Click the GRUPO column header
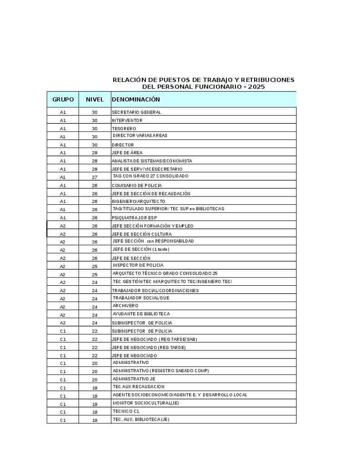pyautogui.click(x=63, y=99)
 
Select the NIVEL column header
pyautogui.click(x=95, y=99)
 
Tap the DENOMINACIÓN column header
pyautogui.click(x=136, y=99)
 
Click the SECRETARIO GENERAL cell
pyautogui.click(x=136, y=112)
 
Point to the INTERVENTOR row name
pyautogui.click(x=127, y=120)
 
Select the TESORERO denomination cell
pyautogui.click(x=124, y=128)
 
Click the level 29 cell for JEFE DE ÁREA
pyautogui.click(x=95, y=153)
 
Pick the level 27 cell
pyautogui.click(x=95, y=177)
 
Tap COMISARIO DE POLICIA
pyautogui.click(x=137, y=185)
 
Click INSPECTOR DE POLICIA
pyautogui.click(x=138, y=265)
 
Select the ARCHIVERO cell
pyautogui.click(x=125, y=306)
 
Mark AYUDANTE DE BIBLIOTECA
pyautogui.click(x=141, y=314)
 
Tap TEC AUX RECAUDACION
pyautogui.click(x=139, y=387)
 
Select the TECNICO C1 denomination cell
pyautogui.click(x=126, y=411)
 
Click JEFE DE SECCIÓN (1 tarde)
pyautogui.click(x=141, y=249)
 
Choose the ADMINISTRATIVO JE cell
pyautogui.click(x=134, y=379)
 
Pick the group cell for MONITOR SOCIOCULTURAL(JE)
pyautogui.click(x=63, y=404)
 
